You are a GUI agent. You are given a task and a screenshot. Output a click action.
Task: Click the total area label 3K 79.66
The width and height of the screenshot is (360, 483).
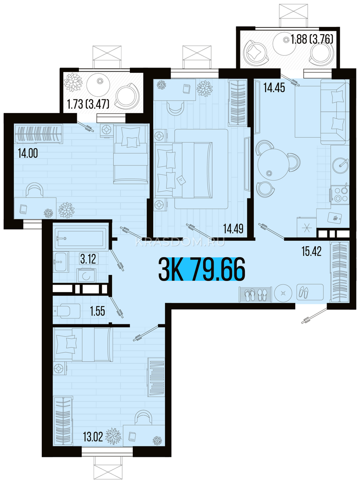[202, 269]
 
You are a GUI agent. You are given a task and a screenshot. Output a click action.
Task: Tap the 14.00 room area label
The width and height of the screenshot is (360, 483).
[28, 153]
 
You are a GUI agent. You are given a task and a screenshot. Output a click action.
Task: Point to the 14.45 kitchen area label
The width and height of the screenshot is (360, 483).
[274, 88]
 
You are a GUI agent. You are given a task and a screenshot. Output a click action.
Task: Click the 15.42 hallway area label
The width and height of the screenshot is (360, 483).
[312, 251]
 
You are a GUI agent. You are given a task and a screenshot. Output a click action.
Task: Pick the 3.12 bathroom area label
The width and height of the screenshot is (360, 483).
[88, 259]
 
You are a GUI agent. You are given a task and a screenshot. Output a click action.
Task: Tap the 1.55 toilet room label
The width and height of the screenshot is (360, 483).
[97, 312]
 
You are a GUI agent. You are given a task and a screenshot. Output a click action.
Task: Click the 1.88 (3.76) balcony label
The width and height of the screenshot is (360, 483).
[312, 39]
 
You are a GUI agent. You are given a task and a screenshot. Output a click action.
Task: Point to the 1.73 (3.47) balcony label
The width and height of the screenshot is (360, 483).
[88, 104]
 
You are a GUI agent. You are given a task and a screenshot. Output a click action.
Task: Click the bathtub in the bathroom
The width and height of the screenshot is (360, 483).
[80, 237]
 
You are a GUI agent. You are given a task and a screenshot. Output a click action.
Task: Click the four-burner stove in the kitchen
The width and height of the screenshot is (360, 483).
[340, 195]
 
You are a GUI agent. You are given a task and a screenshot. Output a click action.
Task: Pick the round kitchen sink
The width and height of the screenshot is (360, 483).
[340, 165]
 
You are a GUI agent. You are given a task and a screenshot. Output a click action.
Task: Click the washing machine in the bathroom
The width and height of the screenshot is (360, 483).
[86, 275]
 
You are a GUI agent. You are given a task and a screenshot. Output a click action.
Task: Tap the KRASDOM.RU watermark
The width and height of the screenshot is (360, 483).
[180, 242]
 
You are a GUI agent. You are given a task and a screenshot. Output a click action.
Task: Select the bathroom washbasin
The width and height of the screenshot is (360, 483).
[61, 262]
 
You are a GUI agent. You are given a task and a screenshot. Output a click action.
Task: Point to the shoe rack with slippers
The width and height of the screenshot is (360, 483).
[255, 294]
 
